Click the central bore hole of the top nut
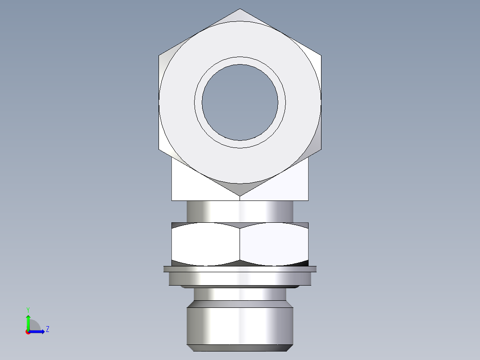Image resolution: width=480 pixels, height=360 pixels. coord(240,102)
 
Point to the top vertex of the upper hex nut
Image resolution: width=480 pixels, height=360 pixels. coord(240,9)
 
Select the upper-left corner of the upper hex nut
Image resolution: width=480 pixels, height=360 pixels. coord(159,56)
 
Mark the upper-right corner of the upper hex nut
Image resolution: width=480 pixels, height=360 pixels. coord(321,56)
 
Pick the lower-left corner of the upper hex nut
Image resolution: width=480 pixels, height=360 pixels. coord(159,149)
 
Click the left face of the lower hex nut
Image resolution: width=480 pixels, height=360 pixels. coord(205,244)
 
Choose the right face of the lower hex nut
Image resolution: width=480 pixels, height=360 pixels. coord(274,244)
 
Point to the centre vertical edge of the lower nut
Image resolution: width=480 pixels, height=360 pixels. coord(240,244)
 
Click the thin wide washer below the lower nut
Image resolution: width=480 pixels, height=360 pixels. coord(240,269)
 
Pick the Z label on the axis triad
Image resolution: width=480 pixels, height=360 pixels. coord(47,329)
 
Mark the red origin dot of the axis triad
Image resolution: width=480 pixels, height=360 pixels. coord(28,332)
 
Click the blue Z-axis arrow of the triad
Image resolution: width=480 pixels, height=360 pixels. coord(39,331)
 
